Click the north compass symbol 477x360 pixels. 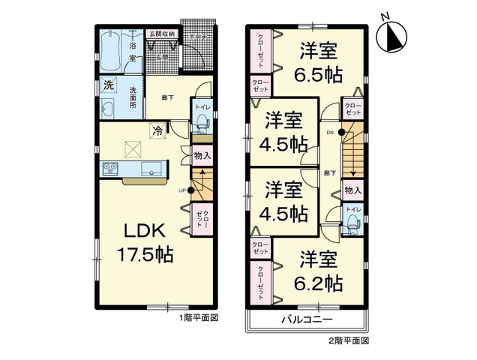(391, 34)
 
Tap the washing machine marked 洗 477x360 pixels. (108, 85)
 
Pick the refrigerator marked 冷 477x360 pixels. (158, 130)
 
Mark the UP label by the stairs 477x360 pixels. (181, 190)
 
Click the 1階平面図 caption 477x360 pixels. (198, 318)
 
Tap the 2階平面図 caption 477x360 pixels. (349, 340)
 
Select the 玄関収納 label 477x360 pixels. (160, 33)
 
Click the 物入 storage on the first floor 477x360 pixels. (202, 156)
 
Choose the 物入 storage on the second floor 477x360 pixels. (352, 191)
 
